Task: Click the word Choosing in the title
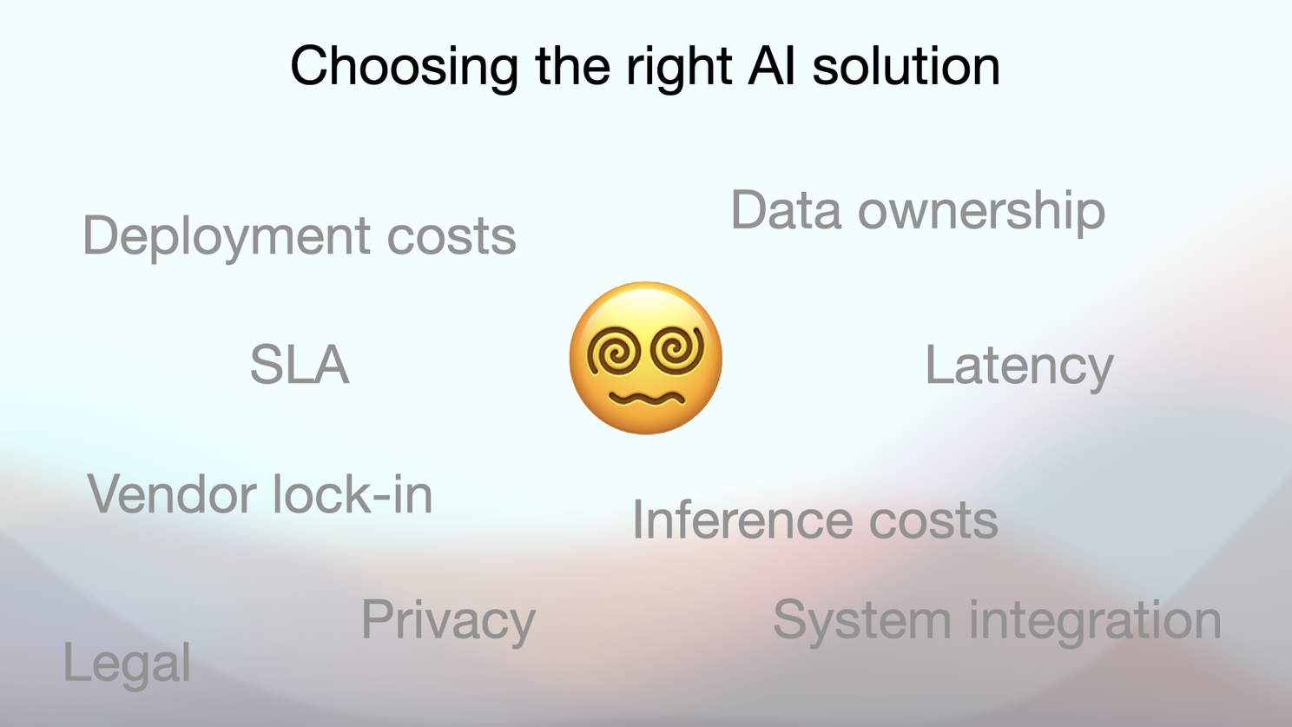pos(405,68)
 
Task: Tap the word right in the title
pos(679,68)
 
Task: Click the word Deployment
pos(226,237)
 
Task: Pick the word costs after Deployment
pos(451,238)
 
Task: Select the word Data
pos(786,210)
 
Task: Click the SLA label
pos(300,365)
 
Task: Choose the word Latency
pos(1019,367)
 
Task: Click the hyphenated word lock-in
pos(352,493)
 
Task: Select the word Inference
pos(742,520)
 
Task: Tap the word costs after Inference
pos(933,522)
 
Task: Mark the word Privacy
pos(448,621)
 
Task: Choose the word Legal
pos(127,665)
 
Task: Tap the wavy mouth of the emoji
pos(647,398)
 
